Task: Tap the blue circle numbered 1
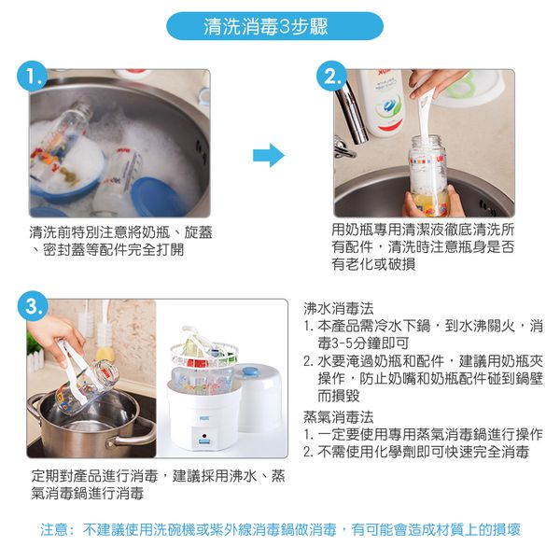click(x=33, y=77)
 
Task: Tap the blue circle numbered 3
click(x=34, y=307)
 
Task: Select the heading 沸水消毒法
click(x=339, y=307)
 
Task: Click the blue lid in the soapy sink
click(x=155, y=195)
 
